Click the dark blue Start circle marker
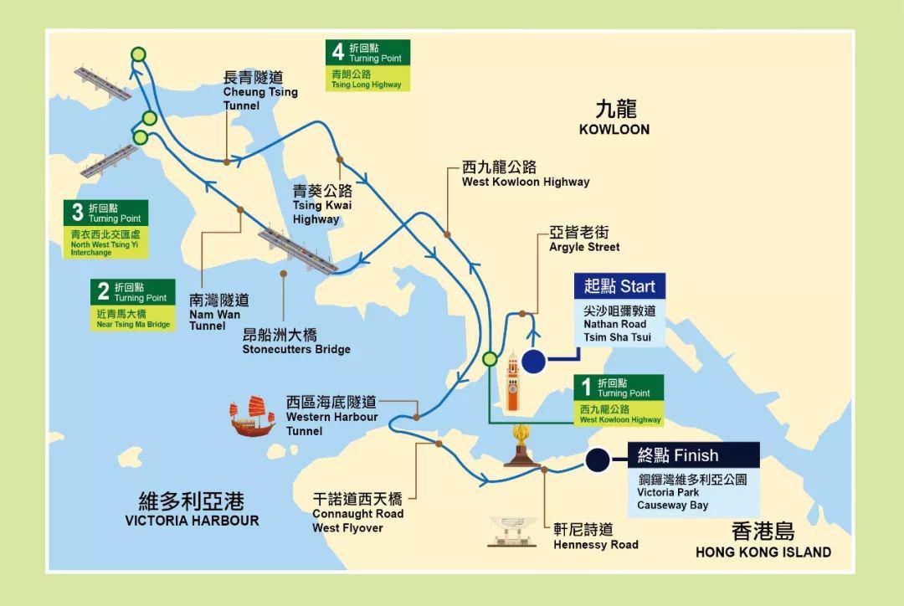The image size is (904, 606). click(x=533, y=362)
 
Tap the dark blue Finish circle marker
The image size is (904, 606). click(x=597, y=460)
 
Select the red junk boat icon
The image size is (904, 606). click(x=253, y=416)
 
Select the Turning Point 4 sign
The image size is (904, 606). click(x=368, y=65)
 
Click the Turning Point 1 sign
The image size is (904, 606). click(x=620, y=400)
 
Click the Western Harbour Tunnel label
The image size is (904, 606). click(x=331, y=416)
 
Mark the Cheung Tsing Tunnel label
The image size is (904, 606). click(x=259, y=91)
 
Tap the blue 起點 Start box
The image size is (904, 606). click(x=619, y=286)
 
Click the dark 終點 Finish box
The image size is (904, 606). click(x=694, y=455)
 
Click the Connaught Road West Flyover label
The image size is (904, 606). click(x=357, y=513)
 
